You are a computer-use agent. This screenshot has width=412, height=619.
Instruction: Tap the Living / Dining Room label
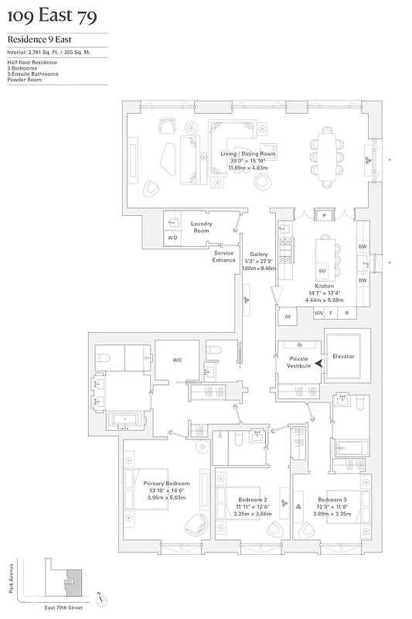pyautogui.click(x=248, y=154)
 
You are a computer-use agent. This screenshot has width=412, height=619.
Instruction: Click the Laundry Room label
pyautogui.click(x=201, y=227)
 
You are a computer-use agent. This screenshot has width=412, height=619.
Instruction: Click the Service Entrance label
pyautogui.click(x=224, y=257)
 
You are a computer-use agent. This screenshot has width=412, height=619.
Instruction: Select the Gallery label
pyautogui.click(x=258, y=255)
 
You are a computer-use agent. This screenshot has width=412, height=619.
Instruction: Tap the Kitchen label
pyautogui.click(x=325, y=286)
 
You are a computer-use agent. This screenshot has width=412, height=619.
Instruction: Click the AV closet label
pyautogui.click(x=288, y=316)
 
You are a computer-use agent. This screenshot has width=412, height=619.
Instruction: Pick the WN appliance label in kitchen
pyautogui.click(x=318, y=313)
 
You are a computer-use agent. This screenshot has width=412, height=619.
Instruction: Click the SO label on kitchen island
pyautogui.click(x=322, y=272)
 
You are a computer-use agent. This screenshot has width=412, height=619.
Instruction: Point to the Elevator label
pyautogui.click(x=343, y=357)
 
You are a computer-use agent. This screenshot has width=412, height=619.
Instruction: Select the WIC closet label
pyautogui.click(x=176, y=359)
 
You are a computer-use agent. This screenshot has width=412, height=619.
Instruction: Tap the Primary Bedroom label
pyautogui.click(x=167, y=483)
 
